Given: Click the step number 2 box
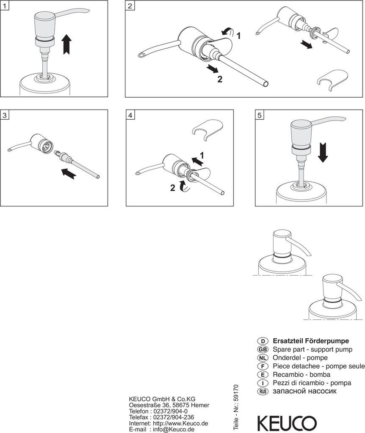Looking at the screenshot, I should (x=130, y=5).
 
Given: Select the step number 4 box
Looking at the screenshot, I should (x=131, y=115).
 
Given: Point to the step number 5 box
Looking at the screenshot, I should (x=260, y=115).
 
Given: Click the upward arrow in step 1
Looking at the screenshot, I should (x=66, y=44).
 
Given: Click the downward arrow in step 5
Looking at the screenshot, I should (x=323, y=152).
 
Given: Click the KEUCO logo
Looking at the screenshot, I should (x=287, y=423).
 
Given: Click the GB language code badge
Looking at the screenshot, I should (x=263, y=349).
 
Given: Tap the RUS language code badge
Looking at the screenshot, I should (x=263, y=392).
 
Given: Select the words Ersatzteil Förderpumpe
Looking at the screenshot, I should (x=311, y=341).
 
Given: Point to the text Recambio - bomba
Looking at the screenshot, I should (x=301, y=375).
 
